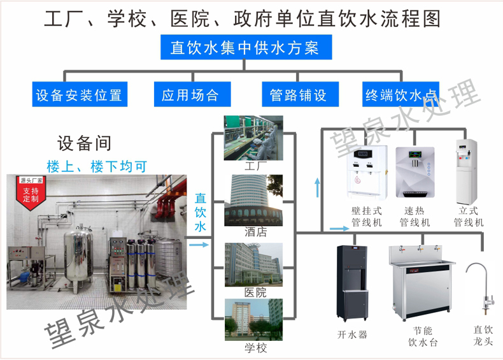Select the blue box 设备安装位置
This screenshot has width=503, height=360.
click(79, 96)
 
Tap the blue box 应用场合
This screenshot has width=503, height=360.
click(190, 96)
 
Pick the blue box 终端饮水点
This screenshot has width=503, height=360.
click(400, 96)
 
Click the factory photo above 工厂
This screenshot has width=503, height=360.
click(253, 138)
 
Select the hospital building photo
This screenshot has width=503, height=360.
click(253, 263)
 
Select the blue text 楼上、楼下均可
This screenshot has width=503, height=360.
click(97, 167)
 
